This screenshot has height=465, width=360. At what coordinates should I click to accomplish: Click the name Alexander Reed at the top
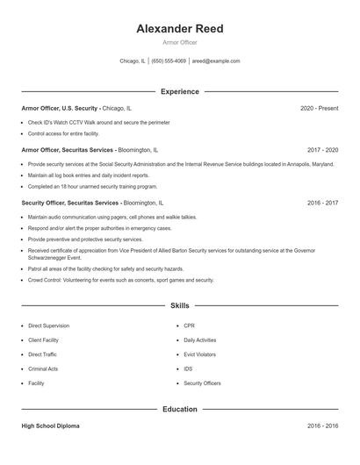pos(180,29)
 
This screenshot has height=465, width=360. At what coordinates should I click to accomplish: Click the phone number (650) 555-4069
pos(169,61)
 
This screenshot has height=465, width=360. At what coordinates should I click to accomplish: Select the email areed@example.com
pos(216,61)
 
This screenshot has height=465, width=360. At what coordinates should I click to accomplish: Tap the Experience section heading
pos(180,91)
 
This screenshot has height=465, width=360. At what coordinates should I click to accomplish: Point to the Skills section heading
pos(180,305)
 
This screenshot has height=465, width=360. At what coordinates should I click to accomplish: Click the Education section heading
pos(180,409)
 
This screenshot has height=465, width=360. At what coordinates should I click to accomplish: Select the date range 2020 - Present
pos(319,108)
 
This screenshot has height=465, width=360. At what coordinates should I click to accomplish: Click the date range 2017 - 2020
pos(322,150)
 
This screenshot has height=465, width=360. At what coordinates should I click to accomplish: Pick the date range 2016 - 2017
pos(322,203)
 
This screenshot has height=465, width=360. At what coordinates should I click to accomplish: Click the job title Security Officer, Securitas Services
pos(69,203)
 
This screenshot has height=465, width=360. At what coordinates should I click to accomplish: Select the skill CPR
pos(189,325)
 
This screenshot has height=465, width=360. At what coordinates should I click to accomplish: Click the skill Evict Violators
pos(200,354)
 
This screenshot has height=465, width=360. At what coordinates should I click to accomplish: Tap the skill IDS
pos(188,369)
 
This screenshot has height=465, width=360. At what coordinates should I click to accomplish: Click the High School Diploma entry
pos(50,426)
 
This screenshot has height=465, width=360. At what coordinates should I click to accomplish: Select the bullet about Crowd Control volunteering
pos(120,280)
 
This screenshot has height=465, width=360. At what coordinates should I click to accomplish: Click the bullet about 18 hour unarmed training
pos(92,186)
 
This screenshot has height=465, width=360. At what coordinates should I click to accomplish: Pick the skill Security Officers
pos(202,383)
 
